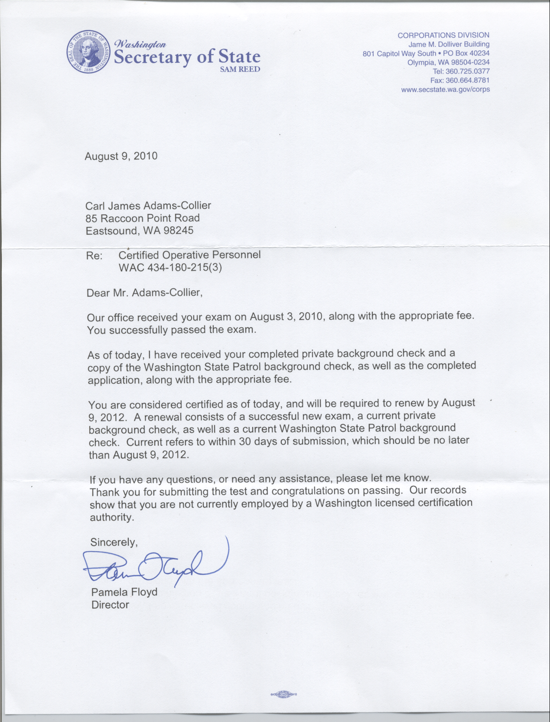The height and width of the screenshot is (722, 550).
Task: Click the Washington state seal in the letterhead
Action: coord(89,52)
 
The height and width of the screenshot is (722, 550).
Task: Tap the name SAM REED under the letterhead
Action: coord(240,69)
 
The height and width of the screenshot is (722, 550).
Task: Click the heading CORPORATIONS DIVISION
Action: coord(443,35)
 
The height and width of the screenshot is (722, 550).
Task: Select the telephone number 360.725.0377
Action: coord(467,71)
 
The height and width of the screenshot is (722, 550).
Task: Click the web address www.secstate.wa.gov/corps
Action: coord(446,90)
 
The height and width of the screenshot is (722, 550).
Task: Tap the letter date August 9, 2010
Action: coord(121,156)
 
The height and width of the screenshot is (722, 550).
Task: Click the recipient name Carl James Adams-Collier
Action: coord(148,206)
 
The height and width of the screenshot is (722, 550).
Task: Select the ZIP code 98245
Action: coord(178,231)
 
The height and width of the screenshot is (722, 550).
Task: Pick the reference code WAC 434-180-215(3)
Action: coord(170,268)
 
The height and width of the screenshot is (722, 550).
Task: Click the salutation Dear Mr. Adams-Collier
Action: coord(144,293)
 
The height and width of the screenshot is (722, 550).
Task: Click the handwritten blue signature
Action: coord(156,563)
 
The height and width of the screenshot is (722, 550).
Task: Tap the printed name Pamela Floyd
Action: coord(124,592)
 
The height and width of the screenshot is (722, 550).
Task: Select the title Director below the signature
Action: coord(110,605)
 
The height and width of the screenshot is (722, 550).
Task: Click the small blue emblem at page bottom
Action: coord(283,694)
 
